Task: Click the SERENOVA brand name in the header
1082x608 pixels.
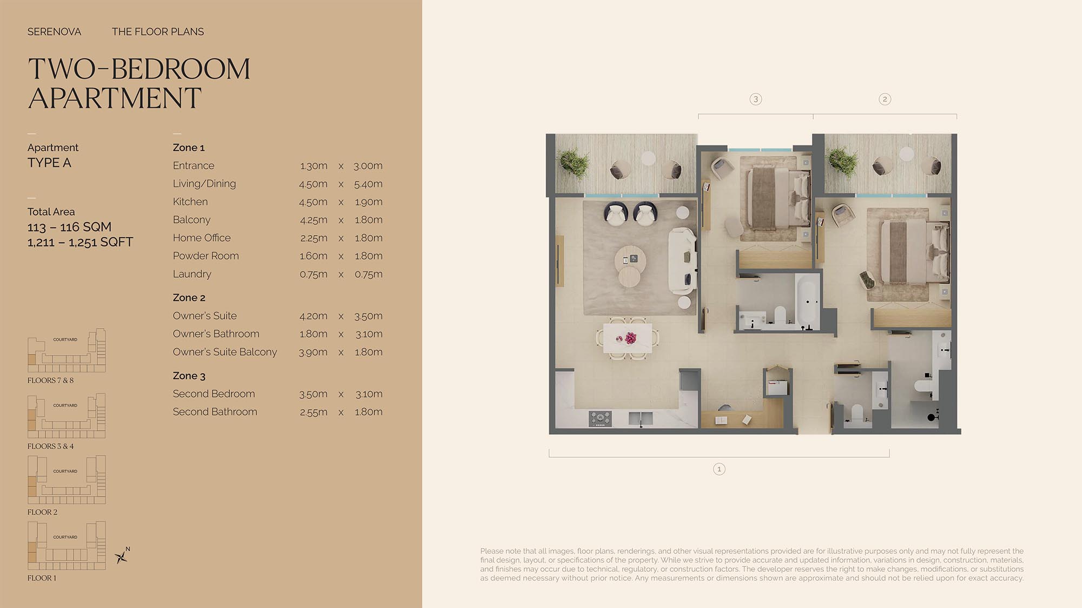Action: point(54,32)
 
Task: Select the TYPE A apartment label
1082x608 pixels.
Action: point(49,163)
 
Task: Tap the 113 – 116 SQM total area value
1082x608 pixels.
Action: point(69,227)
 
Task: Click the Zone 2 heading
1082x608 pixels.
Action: point(189,298)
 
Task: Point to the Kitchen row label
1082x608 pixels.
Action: point(190,202)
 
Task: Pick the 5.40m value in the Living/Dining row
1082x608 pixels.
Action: point(368,184)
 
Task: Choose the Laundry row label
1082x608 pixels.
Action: point(192,274)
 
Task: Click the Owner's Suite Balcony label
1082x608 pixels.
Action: point(225,352)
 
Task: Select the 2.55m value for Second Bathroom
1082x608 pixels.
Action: point(313,412)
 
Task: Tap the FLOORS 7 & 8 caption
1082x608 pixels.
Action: point(50,380)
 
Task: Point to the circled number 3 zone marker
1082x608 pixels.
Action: point(756,99)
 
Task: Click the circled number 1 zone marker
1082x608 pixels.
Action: point(719,469)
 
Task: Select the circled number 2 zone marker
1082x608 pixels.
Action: point(885,99)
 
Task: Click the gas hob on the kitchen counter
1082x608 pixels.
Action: point(601,418)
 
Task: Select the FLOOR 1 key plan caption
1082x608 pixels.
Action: point(42,578)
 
